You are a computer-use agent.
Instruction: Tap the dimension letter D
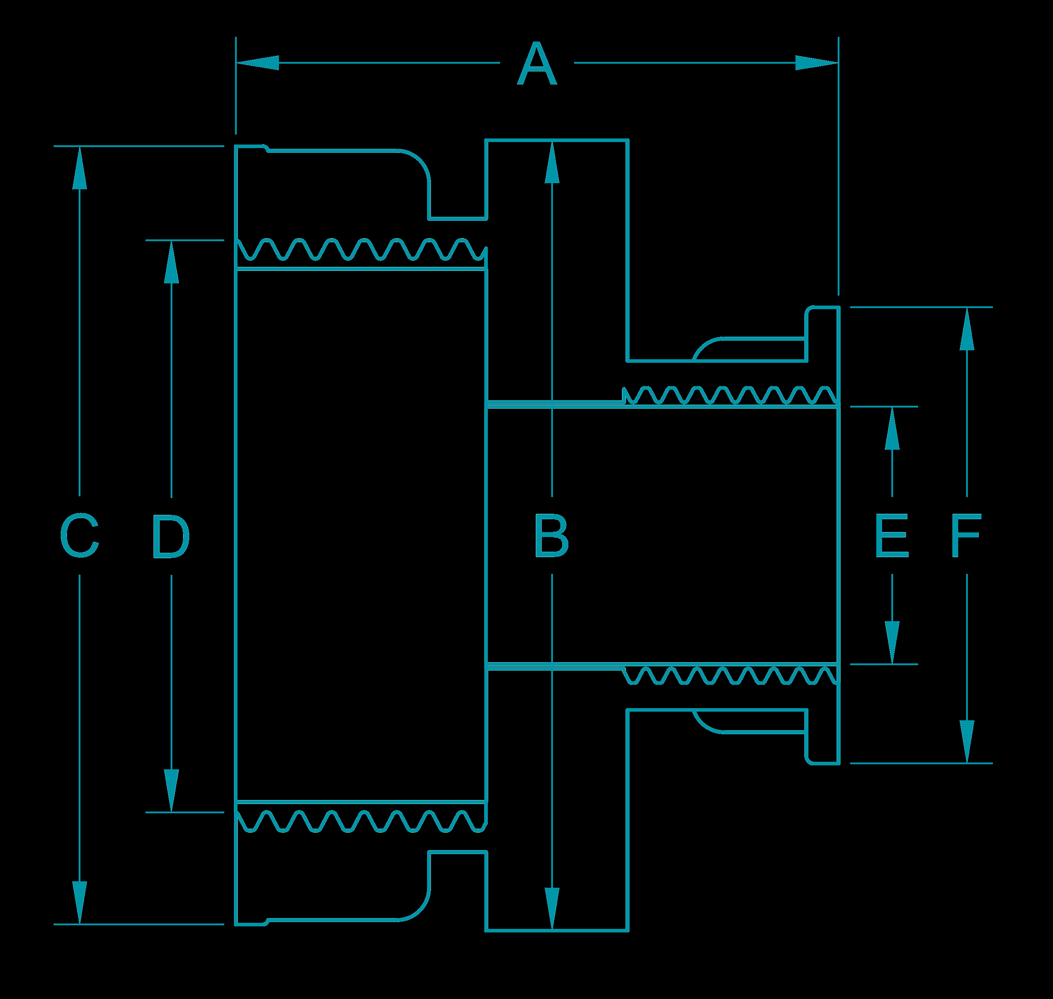[171, 536]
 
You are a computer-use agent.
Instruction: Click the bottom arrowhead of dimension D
[171, 791]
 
